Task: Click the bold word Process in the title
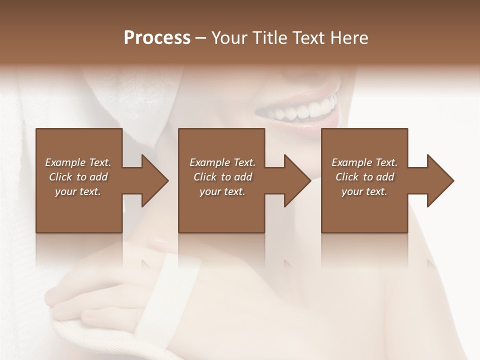[x=157, y=38]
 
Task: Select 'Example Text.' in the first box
[x=78, y=162]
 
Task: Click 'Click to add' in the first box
[x=78, y=177]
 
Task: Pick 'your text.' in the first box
[x=78, y=191]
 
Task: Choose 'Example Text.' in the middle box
[x=222, y=162]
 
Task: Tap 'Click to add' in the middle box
[x=222, y=177]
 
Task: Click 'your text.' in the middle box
[x=222, y=191]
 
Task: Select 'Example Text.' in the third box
[x=364, y=162]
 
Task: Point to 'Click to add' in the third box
[x=364, y=177]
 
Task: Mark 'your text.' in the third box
[x=364, y=191]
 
